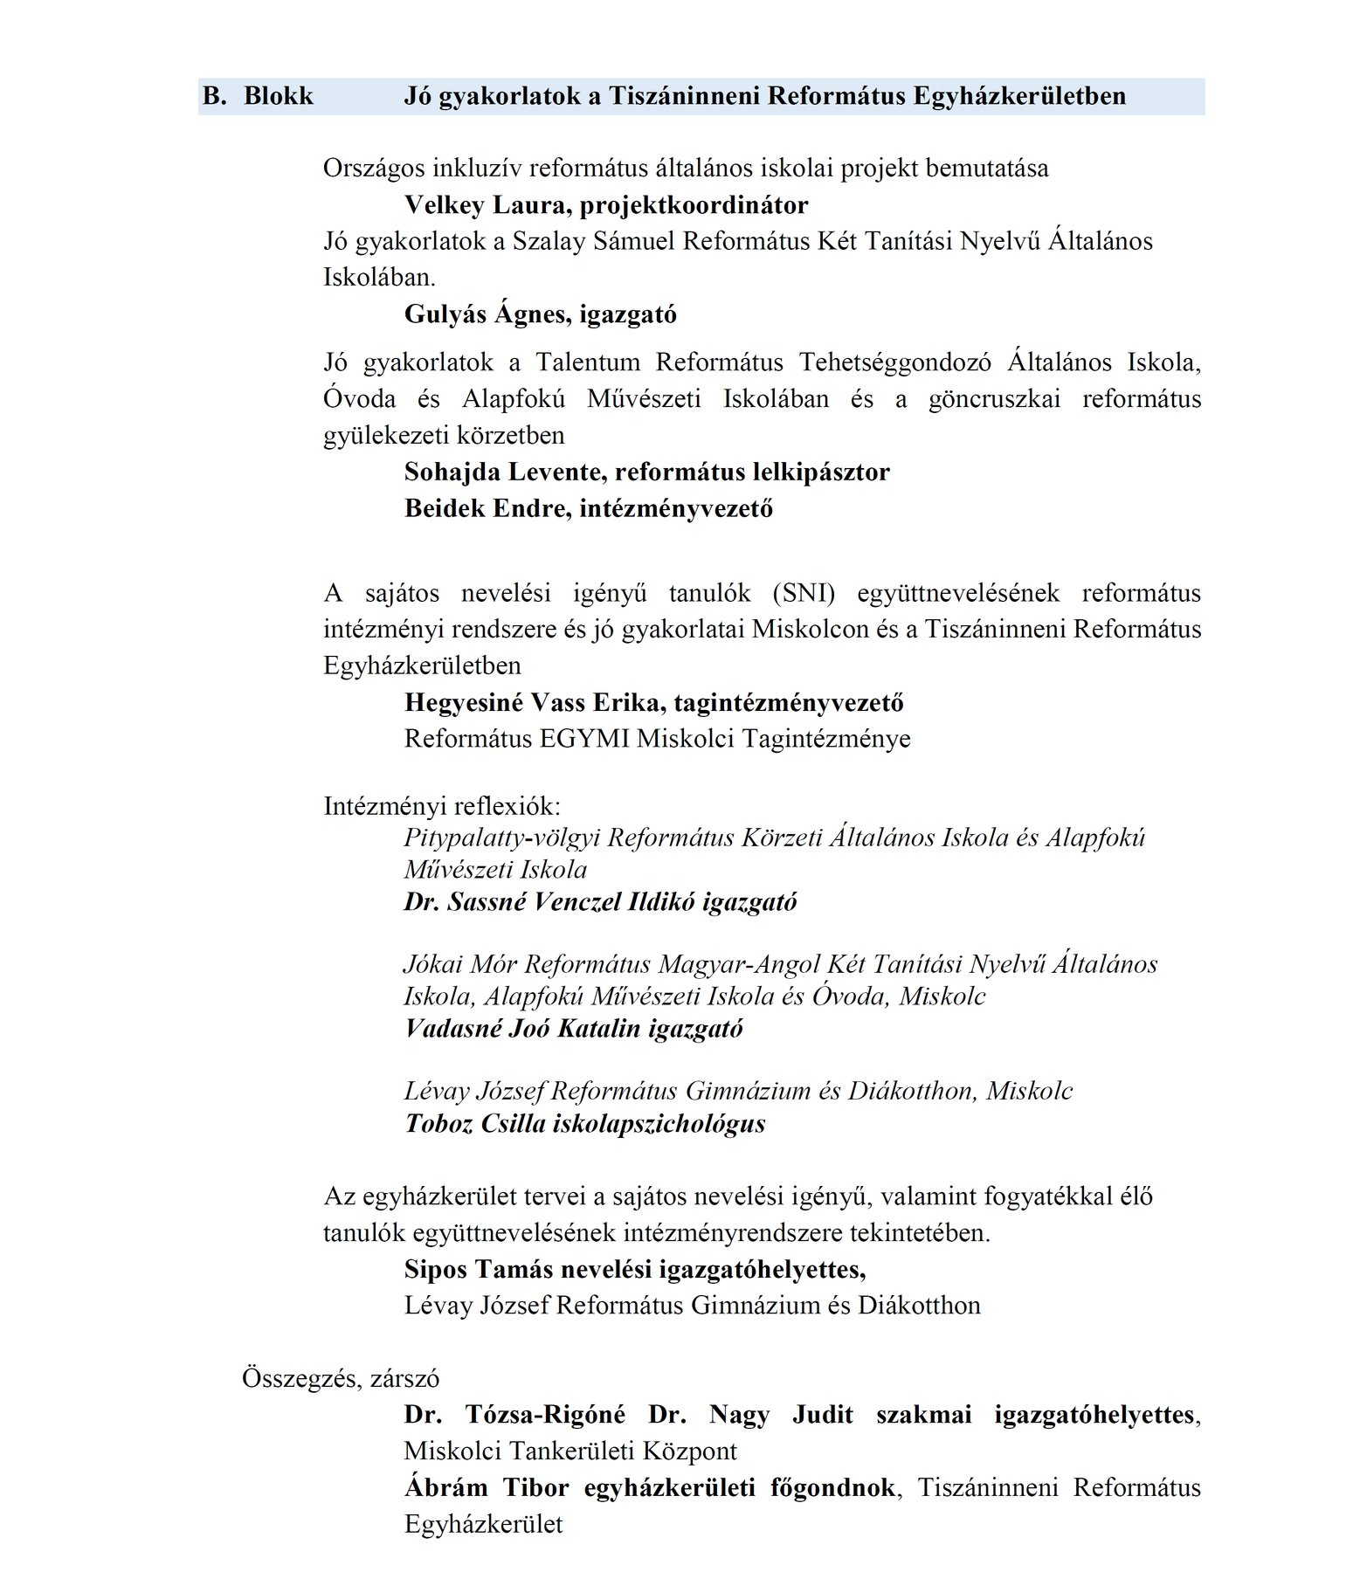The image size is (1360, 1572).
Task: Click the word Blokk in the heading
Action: [x=278, y=96]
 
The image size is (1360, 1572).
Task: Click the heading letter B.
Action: [x=212, y=96]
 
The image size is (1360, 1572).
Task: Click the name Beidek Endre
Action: [x=486, y=509]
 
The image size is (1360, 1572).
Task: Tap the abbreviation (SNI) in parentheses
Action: [x=804, y=593]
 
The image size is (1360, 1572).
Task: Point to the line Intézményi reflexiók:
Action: [x=442, y=805]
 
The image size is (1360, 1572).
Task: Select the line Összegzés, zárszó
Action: [x=341, y=1378]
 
